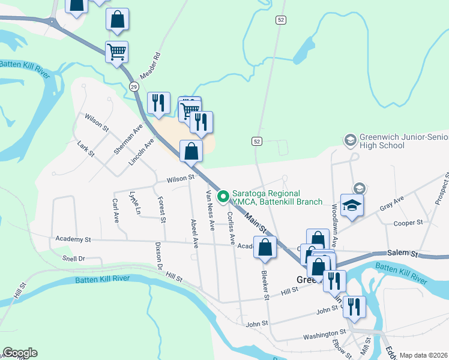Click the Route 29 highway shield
[x=134, y=87]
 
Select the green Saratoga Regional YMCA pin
[x=223, y=196]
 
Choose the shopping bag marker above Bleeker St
[x=265, y=247]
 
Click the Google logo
[x=20, y=353]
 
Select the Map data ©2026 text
[x=424, y=355]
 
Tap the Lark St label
[x=86, y=148]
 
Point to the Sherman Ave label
[x=122, y=137]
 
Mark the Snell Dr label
[x=74, y=259]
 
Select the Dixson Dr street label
[x=160, y=254]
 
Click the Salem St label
[x=402, y=254]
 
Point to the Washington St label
[x=325, y=332]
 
